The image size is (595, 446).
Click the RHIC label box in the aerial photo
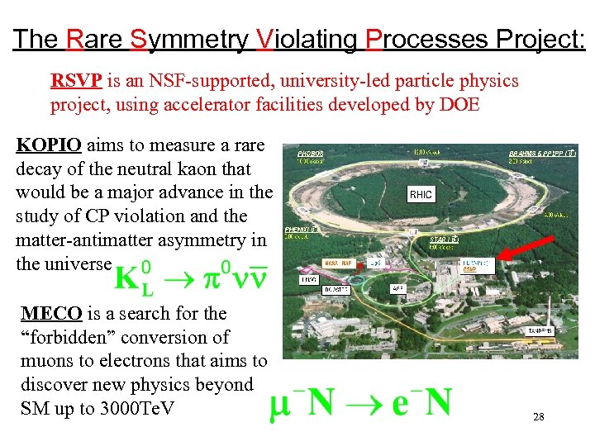click(421, 194)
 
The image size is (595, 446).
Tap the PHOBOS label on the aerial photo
click(311, 154)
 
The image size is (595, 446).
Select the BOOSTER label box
click(333, 290)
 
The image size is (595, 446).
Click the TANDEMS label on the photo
click(540, 330)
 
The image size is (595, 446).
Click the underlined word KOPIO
click(49, 145)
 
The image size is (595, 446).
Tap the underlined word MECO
click(51, 314)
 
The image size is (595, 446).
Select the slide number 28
click(538, 418)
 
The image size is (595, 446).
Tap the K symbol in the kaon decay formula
click(126, 278)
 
